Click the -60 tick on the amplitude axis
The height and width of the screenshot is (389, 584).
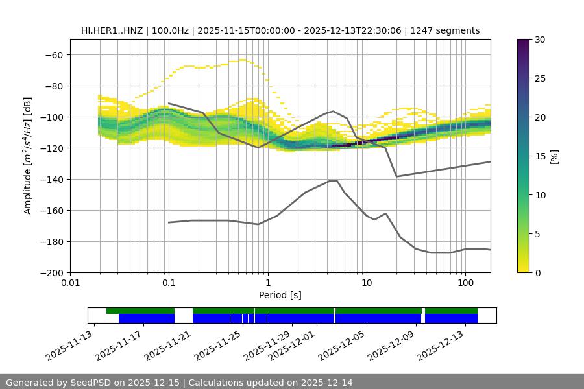tap(54, 54)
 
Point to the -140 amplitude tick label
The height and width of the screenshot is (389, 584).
tap(51, 179)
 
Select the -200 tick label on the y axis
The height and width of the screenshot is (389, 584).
tap(51, 272)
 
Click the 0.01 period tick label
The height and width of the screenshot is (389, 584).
tap(70, 283)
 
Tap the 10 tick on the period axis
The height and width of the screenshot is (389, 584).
tap(367, 283)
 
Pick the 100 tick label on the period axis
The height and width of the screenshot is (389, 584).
tap(465, 283)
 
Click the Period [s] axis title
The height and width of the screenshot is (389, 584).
tap(280, 295)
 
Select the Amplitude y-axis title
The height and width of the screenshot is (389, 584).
tap(28, 156)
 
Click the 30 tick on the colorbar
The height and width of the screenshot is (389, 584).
tap(540, 40)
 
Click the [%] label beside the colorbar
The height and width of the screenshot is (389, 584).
tap(554, 156)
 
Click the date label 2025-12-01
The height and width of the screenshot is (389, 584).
tap(292, 344)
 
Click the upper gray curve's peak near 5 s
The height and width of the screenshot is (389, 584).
tap(334, 111)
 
